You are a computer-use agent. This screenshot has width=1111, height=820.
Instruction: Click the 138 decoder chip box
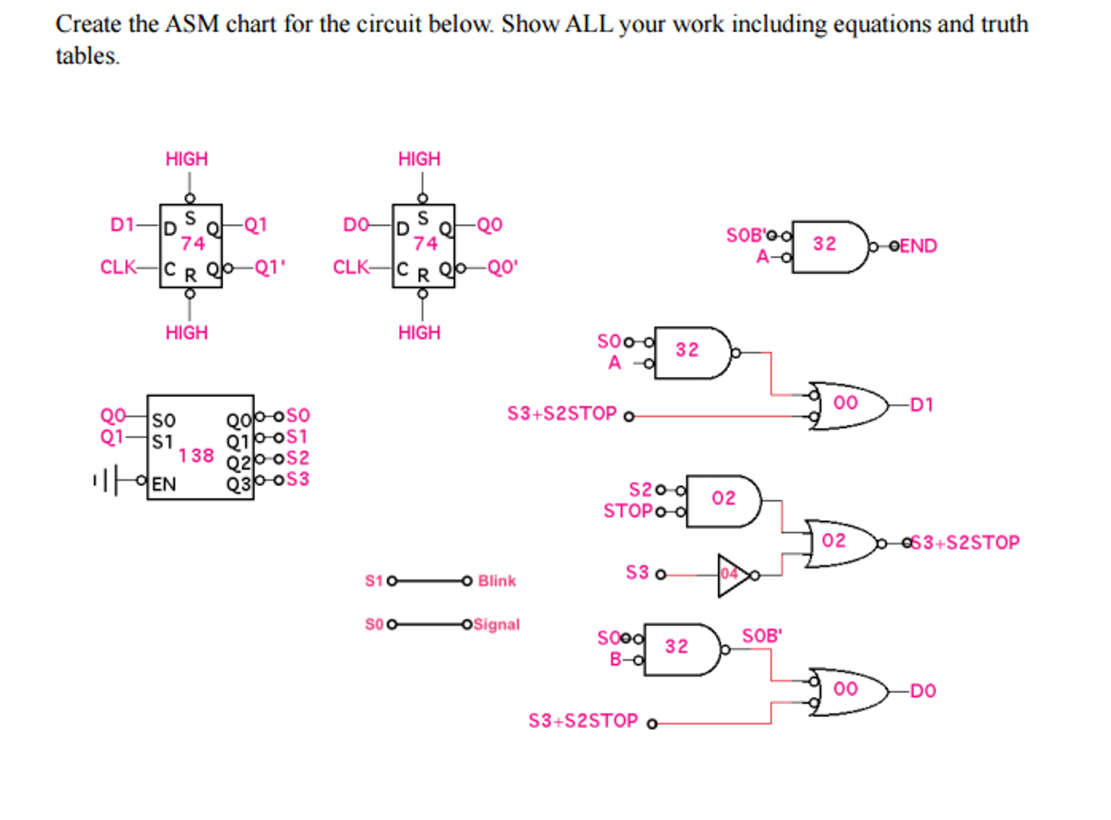pos(200,447)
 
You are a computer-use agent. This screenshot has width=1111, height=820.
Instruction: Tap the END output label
pos(918,246)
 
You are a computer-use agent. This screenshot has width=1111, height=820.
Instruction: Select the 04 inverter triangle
pos(731,575)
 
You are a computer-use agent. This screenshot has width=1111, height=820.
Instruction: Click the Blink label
pos(496,581)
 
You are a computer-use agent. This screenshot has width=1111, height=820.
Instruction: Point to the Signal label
pos(496,625)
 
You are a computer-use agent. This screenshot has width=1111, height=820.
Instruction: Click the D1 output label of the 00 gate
pos(921,405)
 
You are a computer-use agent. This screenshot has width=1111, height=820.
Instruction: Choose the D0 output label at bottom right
pos(923,691)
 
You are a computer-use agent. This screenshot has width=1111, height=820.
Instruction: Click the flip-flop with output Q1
pos(191,246)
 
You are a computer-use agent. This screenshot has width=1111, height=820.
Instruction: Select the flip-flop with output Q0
pos(423,246)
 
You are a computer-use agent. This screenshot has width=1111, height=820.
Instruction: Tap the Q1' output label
pos(269,267)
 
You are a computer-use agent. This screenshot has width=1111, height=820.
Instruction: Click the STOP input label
pos(628,511)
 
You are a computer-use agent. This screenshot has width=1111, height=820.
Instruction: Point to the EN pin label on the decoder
pos(163,484)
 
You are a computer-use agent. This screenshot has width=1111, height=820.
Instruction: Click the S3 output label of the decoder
pos(298,479)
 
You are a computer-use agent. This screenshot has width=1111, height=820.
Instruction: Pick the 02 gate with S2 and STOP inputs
pos(722,501)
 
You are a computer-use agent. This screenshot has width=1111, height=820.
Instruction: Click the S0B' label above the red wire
pos(762,635)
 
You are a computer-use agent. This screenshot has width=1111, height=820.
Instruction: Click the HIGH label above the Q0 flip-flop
pos(419,159)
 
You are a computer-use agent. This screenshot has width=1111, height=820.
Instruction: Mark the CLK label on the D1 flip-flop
pos(118,267)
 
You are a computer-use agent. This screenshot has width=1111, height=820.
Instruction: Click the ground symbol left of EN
pos(106,480)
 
